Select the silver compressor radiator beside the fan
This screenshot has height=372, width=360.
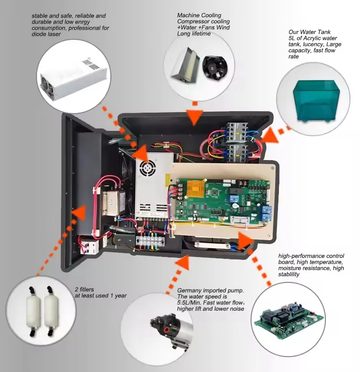click(186, 65)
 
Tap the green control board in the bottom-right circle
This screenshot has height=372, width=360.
click(288, 319)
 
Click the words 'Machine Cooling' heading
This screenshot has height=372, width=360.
click(199, 15)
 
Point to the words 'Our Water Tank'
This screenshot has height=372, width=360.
click(310, 32)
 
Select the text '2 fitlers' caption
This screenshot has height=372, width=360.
click(84, 290)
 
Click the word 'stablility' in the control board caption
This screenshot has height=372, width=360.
click(288, 275)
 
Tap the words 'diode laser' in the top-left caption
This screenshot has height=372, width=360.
click(46, 34)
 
